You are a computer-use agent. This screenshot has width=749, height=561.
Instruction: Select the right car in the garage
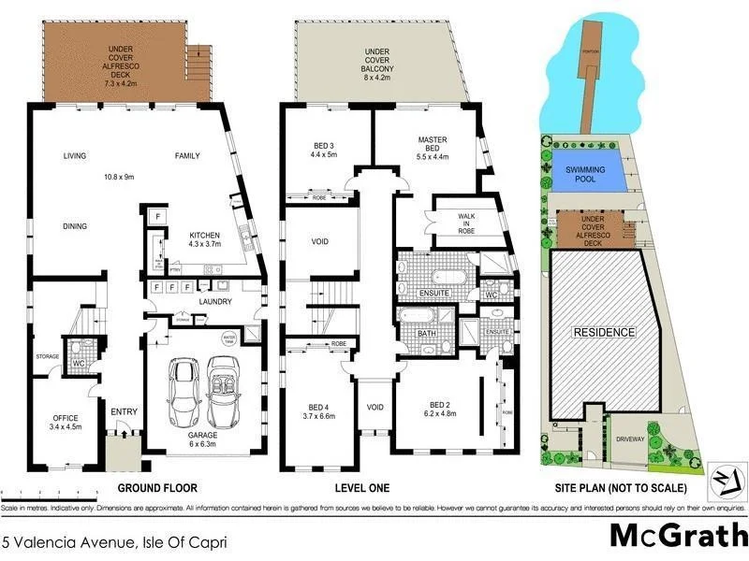[224, 391]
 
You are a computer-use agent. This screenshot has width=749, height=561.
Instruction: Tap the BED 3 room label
[323, 148]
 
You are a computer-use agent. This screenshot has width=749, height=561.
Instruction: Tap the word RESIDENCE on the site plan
[604, 333]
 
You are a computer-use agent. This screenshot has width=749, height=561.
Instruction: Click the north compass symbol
[722, 479]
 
